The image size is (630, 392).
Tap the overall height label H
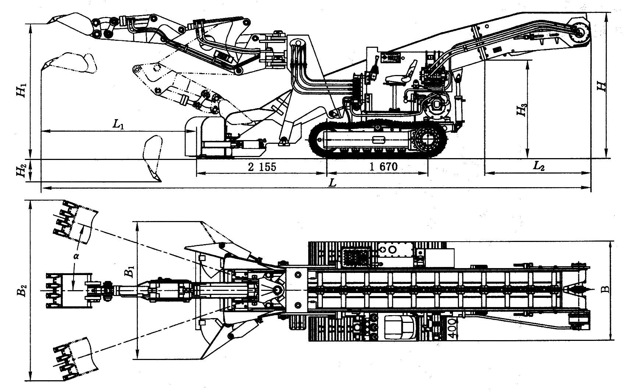click(x=601, y=86)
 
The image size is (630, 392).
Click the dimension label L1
click(x=118, y=124)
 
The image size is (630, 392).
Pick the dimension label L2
click(x=538, y=166)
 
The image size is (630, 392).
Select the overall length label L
click(x=332, y=183)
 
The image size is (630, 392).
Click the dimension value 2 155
click(x=262, y=167)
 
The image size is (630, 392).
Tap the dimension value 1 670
click(x=383, y=167)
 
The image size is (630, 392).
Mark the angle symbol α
click(x=76, y=256)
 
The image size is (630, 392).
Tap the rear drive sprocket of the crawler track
click(x=427, y=141)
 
